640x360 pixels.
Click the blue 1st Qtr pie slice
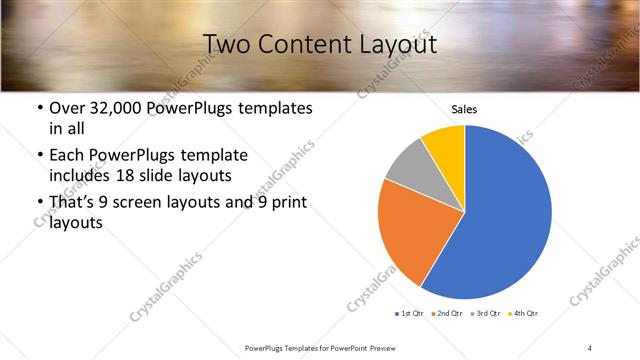click(x=505, y=215)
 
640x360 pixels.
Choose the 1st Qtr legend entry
click(x=411, y=314)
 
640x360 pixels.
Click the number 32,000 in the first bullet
click(x=123, y=107)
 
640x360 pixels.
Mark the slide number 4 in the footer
click(x=590, y=347)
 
